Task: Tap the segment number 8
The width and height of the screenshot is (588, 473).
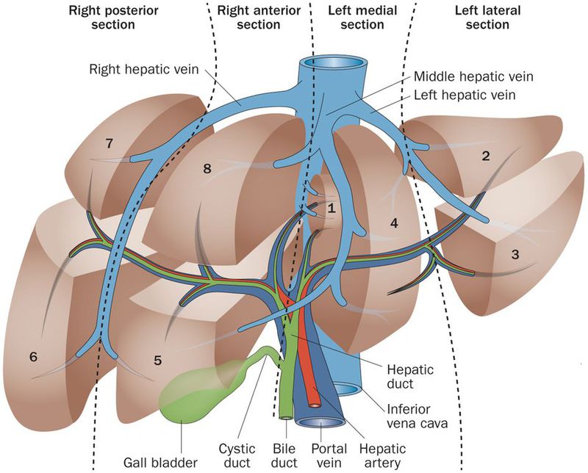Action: coord(207,169)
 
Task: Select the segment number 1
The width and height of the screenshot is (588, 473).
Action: coord(331,209)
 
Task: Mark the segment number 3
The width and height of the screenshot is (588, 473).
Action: coord(515,254)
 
